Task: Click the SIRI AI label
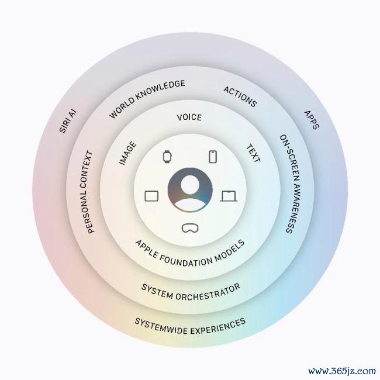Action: (x=68, y=121)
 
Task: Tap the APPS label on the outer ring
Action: (x=312, y=120)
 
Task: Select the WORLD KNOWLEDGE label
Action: (x=147, y=98)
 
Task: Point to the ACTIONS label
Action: (x=240, y=96)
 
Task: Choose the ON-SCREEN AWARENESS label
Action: (x=291, y=184)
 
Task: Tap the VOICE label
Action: (x=189, y=118)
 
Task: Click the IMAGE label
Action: (x=127, y=153)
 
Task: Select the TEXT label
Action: (x=254, y=153)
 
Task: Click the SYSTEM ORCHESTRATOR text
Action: (x=191, y=292)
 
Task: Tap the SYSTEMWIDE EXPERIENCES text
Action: (x=190, y=327)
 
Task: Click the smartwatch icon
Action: (x=167, y=157)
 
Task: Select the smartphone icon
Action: (x=213, y=157)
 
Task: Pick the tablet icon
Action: (x=151, y=196)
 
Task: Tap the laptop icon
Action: (x=229, y=196)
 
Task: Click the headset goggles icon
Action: (x=190, y=228)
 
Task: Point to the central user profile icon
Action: (x=190, y=190)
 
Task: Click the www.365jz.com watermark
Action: (x=342, y=371)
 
